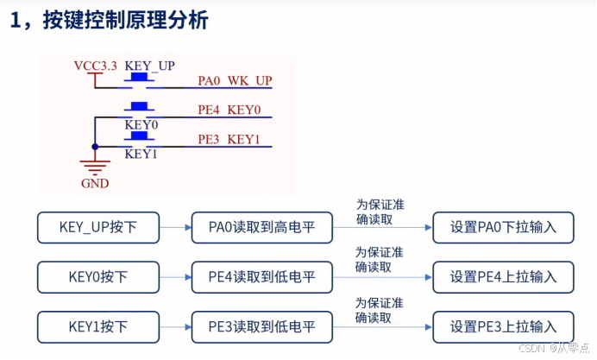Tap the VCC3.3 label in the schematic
(95, 66)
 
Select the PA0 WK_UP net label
(235, 81)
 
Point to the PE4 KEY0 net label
(229, 111)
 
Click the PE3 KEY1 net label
(229, 140)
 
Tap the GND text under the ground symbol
(95, 184)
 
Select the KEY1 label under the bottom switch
(140, 154)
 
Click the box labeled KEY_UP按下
(97, 228)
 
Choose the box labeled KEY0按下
(97, 277)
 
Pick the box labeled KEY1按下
(97, 327)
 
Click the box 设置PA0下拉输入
(503, 228)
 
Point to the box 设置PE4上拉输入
(503, 277)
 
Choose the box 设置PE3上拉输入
(503, 327)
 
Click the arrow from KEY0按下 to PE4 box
(175, 277)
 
